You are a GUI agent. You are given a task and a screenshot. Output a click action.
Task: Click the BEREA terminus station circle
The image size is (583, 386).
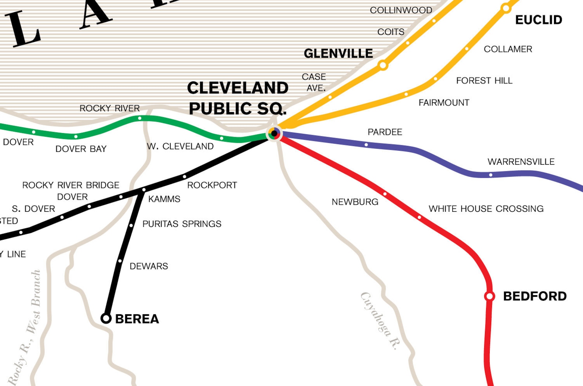[106, 318]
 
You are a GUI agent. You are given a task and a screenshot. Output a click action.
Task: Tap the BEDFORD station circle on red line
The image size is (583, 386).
[489, 296]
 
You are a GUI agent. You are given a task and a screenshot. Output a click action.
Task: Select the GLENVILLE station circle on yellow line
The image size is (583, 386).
[383, 65]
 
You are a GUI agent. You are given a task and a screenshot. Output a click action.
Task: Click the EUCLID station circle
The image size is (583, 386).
[506, 8]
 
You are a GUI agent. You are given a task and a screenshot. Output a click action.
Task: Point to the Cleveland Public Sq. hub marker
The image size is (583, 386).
[274, 133]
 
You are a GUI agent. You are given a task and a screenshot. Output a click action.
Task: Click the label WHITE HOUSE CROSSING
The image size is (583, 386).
[486, 209]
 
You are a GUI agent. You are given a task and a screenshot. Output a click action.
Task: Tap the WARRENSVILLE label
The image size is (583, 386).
[521, 162]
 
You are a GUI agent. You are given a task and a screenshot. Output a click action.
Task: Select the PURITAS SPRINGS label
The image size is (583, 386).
[182, 224]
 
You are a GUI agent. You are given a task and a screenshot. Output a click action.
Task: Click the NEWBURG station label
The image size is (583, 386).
[355, 202]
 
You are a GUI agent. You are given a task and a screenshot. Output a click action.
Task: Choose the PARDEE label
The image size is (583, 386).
[385, 132]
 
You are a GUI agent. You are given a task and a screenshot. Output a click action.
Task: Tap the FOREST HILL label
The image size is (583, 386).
[484, 81]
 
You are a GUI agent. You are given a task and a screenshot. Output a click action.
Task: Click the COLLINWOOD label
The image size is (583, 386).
[401, 10]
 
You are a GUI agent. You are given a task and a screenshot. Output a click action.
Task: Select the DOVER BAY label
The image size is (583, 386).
[81, 149]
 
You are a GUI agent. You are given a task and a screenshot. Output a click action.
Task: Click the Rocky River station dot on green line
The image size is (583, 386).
[140, 118]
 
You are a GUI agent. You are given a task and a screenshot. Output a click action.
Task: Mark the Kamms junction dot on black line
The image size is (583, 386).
[144, 190]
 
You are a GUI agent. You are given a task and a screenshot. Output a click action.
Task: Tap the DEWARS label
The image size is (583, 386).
[149, 266]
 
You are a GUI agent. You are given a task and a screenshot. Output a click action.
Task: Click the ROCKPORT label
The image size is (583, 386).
[212, 185]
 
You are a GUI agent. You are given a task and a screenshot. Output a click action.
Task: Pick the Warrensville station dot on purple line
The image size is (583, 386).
[490, 175]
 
